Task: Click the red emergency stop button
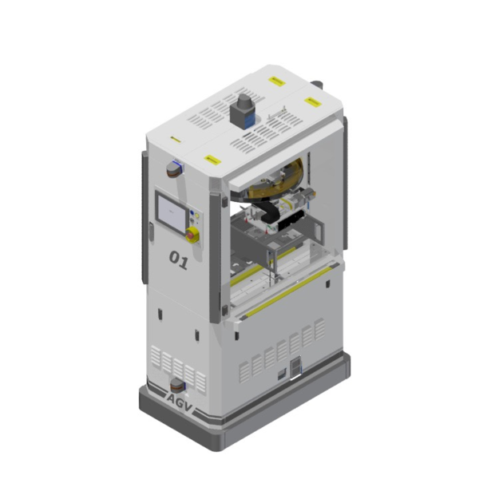pos(191,234)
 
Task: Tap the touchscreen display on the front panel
pos(172,213)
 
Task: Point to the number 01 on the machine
pos(178,260)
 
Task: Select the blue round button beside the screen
pos(192,212)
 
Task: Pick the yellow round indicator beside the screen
pos(197,216)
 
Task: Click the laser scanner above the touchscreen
pos(175,169)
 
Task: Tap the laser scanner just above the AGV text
pos(178,386)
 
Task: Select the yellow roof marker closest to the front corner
pos(212,160)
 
